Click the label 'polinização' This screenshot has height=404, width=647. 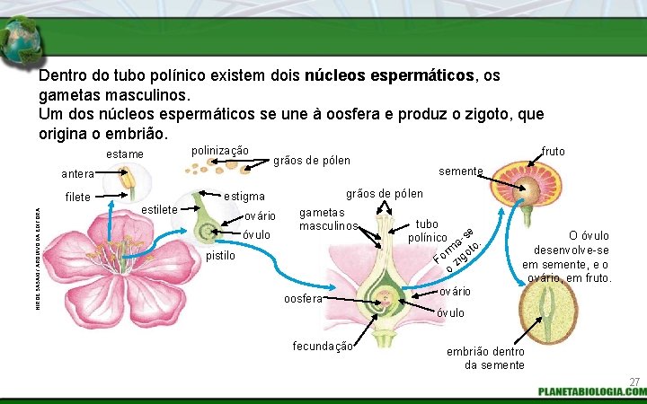click(220, 150)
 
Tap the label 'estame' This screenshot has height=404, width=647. click(125, 154)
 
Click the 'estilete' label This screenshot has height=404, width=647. click(159, 210)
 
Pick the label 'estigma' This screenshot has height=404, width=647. click(244, 196)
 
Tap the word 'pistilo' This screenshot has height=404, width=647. click(220, 256)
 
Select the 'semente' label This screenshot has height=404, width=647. click(461, 171)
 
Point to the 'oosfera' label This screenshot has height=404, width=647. click(302, 299)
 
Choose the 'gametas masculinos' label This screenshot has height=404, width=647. click(329, 218)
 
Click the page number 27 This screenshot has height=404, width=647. click(634, 382)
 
